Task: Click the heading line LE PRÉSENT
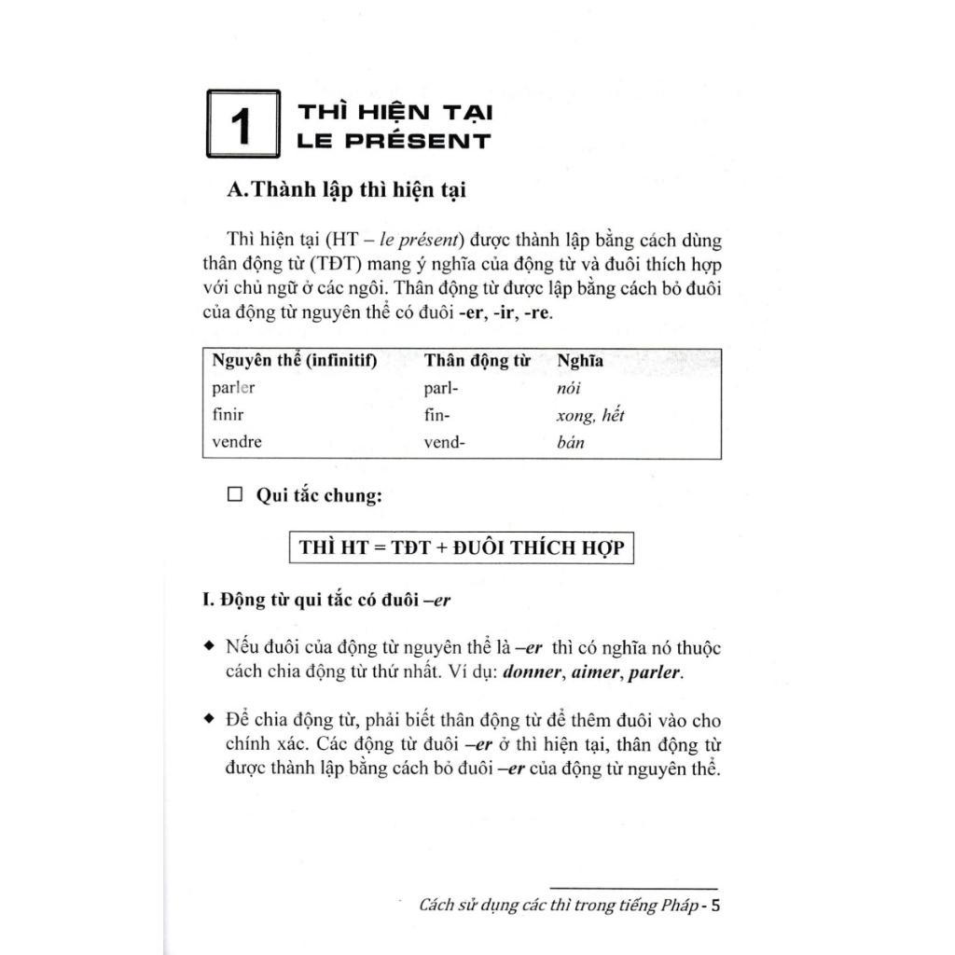point(394,142)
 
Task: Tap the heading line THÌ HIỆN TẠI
point(394,113)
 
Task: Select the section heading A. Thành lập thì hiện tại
point(346,189)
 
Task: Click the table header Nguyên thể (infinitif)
point(294,362)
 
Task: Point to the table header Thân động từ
point(477,362)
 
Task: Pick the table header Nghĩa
point(579,362)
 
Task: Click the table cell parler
point(233,389)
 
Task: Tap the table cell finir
point(228,415)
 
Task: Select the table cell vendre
point(237,442)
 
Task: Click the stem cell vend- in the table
point(444,442)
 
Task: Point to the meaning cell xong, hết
point(589,416)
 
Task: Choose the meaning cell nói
point(568,389)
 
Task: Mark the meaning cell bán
point(570,442)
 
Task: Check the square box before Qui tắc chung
point(235,495)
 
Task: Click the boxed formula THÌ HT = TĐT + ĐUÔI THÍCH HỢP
point(462,547)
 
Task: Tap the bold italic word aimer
point(597,672)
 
